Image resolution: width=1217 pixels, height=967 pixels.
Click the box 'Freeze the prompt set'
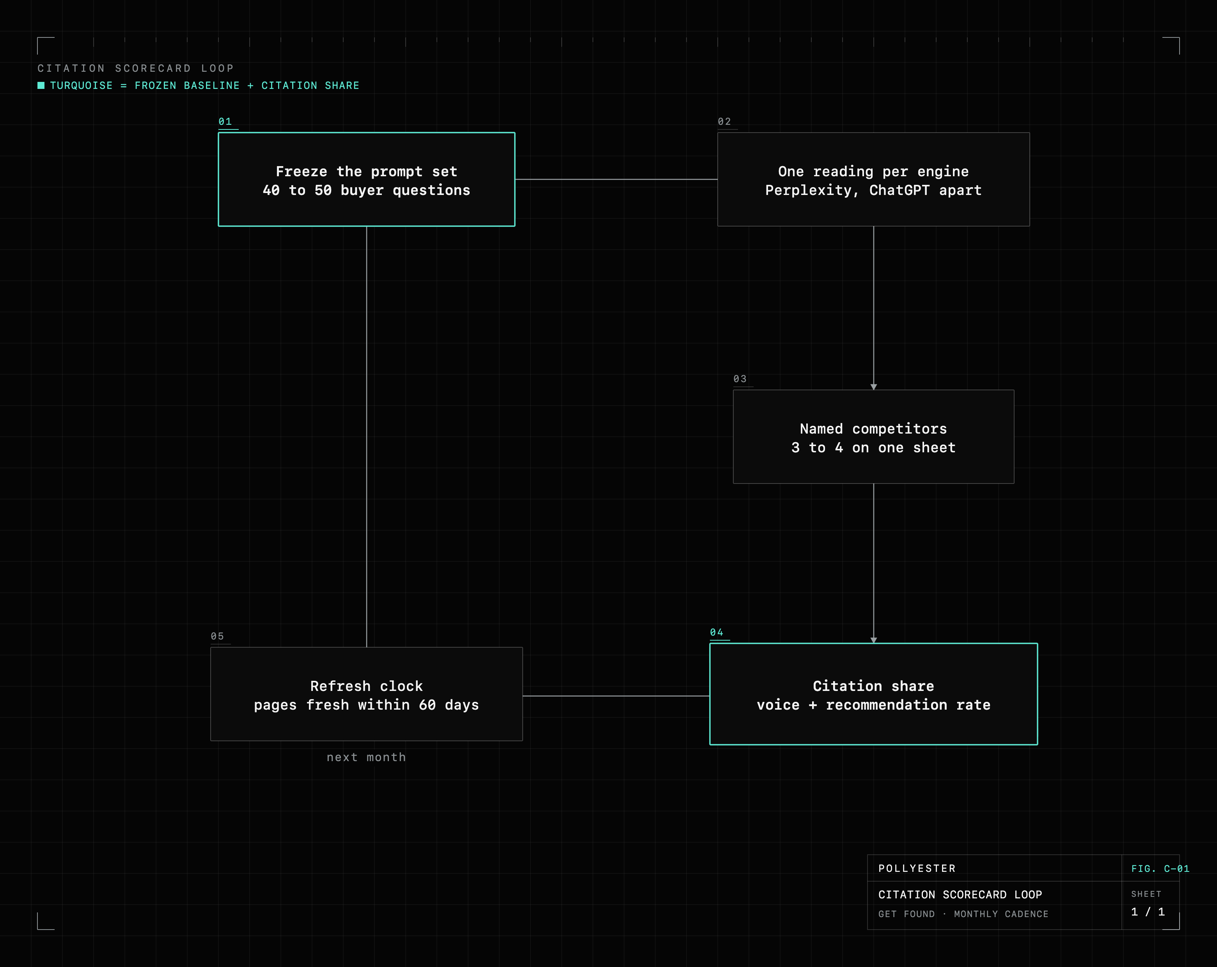(x=366, y=179)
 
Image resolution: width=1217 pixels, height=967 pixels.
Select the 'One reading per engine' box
(x=873, y=179)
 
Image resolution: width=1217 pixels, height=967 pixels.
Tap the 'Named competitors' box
(x=873, y=437)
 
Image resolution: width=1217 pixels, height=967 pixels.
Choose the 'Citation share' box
(x=873, y=694)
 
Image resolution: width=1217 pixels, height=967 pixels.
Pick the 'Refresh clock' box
(x=366, y=694)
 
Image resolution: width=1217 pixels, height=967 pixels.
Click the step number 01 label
(x=225, y=121)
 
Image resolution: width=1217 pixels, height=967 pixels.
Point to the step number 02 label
(x=724, y=121)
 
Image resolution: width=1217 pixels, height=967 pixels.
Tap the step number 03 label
(x=740, y=379)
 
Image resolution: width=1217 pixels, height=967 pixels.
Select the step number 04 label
(x=716, y=632)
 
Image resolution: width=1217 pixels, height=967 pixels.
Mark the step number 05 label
(x=217, y=636)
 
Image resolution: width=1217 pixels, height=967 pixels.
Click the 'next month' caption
(x=366, y=757)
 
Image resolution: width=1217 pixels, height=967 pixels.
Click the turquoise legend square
(x=41, y=85)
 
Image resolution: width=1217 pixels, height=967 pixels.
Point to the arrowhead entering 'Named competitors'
(x=874, y=387)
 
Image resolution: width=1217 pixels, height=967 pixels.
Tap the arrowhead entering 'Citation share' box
(x=874, y=640)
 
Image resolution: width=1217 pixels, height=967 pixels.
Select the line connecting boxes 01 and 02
(x=616, y=179)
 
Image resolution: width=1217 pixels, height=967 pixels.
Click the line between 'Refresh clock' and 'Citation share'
(x=616, y=696)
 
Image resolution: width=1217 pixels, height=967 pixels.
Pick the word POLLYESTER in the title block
(x=917, y=868)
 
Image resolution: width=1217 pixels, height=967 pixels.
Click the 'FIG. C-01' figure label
(x=1160, y=869)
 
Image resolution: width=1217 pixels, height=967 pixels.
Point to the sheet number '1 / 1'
(x=1148, y=912)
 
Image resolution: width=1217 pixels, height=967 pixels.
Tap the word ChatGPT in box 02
(x=899, y=190)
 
